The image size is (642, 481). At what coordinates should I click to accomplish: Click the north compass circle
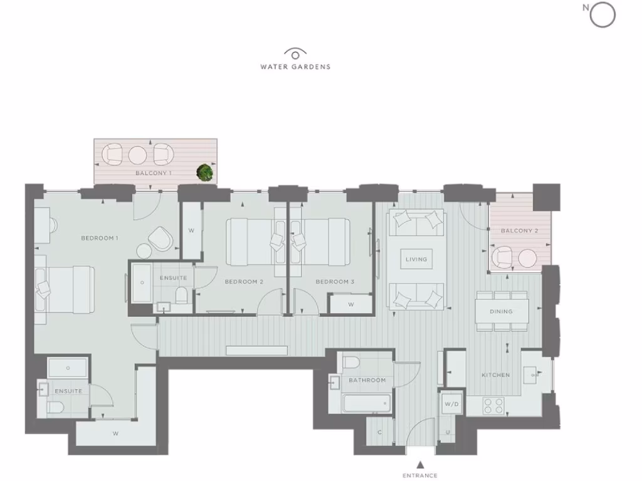point(603,16)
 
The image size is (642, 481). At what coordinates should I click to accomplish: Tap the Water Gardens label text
point(295,66)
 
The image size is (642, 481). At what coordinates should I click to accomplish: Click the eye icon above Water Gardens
point(295,54)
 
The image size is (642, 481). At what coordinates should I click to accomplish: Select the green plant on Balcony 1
point(204,172)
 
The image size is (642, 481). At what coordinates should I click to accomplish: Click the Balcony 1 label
point(154,172)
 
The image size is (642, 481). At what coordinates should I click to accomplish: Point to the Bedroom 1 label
point(100,238)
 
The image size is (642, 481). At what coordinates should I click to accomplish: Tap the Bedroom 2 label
point(244,282)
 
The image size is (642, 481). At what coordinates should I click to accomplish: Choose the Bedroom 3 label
point(335,282)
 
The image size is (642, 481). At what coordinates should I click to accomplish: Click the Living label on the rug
point(416,259)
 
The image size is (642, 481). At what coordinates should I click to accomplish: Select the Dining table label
point(502,311)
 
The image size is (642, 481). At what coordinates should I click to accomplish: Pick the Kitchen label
point(495,375)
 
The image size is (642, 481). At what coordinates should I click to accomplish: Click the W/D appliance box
point(451,404)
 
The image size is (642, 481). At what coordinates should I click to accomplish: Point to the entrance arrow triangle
point(421,464)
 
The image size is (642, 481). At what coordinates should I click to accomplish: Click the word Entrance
point(421,475)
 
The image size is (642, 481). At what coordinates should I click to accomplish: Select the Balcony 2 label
point(519,231)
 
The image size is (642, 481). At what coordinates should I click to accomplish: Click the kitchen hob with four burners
point(495,405)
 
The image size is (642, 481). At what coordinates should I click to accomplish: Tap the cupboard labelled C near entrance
point(380,432)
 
